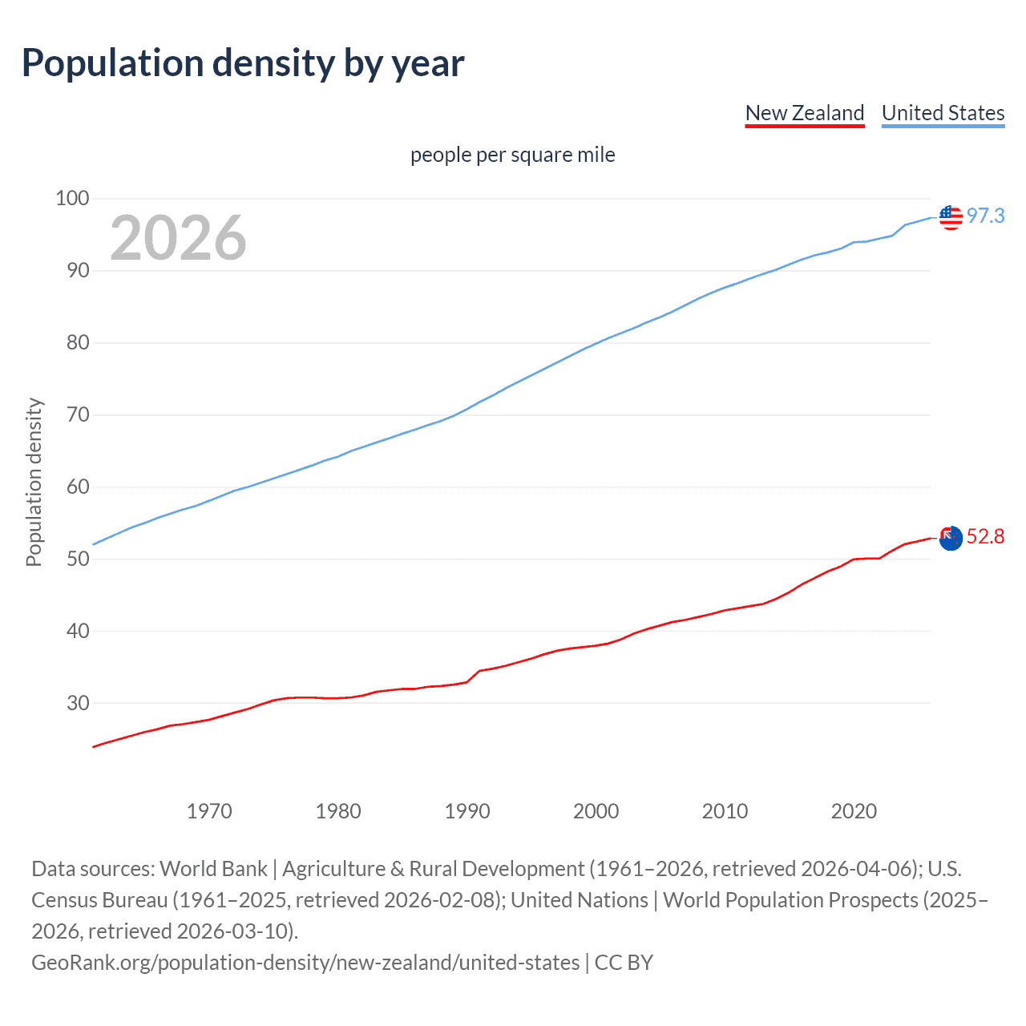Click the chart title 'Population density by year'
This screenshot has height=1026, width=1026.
point(243,63)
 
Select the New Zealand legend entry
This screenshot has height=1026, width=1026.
point(805,113)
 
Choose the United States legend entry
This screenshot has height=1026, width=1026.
point(943,113)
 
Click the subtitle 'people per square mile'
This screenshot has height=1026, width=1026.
point(513,155)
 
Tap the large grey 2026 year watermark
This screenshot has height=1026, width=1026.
point(178,238)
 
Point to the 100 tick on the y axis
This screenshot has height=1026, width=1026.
point(72,198)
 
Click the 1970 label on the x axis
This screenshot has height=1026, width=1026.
point(209,811)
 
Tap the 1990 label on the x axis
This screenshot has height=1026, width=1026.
point(467,811)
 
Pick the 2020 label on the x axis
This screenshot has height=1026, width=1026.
point(854,811)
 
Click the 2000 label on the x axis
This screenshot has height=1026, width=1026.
point(596,811)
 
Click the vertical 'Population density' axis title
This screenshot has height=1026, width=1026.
point(34,483)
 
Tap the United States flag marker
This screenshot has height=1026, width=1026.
point(951,216)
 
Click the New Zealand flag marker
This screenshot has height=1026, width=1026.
point(951,538)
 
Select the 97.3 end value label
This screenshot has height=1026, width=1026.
point(985,216)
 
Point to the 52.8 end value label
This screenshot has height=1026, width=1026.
point(985,537)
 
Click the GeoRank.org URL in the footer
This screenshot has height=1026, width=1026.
point(305,963)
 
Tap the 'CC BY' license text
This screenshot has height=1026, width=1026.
point(624,963)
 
